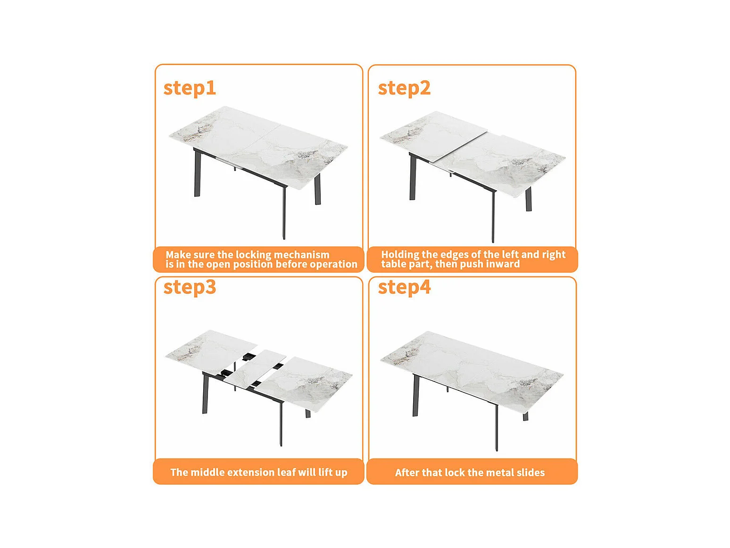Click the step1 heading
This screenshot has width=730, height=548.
click(x=189, y=89)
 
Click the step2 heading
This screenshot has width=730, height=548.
click(x=404, y=89)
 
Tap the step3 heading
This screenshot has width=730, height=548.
click(x=190, y=287)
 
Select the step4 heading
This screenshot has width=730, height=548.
click(x=405, y=287)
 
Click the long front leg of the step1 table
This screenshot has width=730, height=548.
click(x=284, y=213)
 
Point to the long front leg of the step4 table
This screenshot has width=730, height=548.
click(x=497, y=428)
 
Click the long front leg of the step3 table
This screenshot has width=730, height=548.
click(x=282, y=424)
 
